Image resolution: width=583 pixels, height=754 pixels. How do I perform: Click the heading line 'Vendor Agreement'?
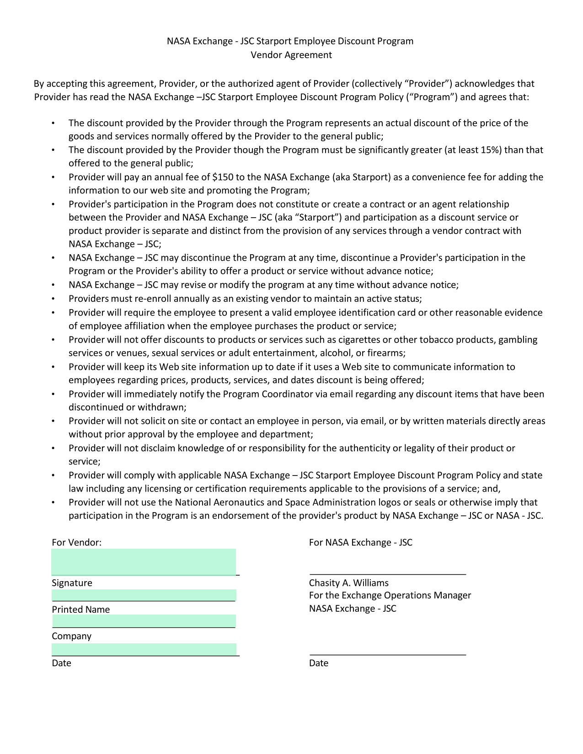coord(291,55)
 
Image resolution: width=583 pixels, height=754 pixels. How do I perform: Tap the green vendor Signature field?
coord(144,562)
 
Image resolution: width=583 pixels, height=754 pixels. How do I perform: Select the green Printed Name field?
coord(144,595)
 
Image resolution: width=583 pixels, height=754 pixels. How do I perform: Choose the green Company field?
coord(144,621)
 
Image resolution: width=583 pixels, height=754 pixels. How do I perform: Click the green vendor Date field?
coord(144,649)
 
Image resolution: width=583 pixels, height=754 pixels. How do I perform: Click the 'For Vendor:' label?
coord(76,542)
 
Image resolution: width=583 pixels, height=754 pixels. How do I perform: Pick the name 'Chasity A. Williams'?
coord(348,583)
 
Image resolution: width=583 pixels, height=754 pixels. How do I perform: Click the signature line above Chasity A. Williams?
coord(388,573)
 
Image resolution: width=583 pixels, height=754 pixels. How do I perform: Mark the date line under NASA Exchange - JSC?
coord(388,655)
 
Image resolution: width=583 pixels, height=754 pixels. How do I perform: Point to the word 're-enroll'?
coord(152,299)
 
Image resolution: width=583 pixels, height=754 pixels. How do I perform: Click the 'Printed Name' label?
coord(80,610)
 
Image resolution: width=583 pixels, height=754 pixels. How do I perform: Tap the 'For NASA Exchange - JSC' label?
coord(360,542)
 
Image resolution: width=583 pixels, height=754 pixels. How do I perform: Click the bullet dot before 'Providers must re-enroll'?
coord(53,299)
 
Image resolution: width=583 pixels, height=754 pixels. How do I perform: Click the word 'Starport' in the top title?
coord(273,41)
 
